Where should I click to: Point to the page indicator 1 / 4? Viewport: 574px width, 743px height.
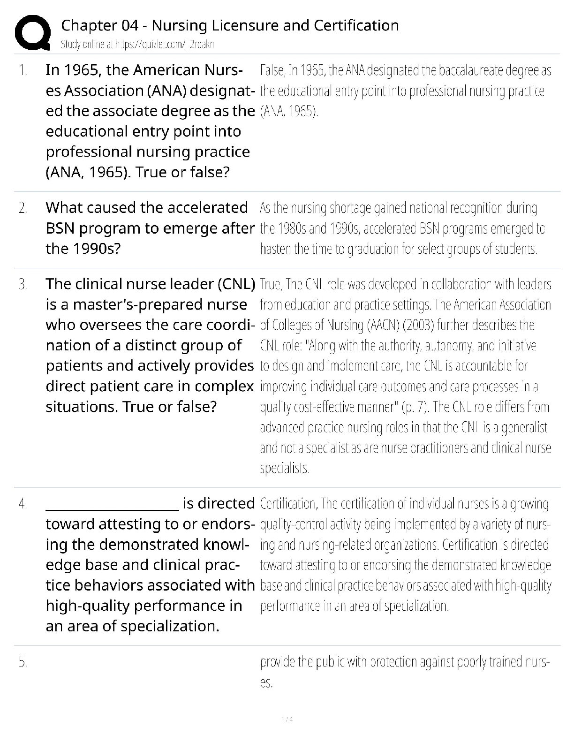(x=287, y=719)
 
